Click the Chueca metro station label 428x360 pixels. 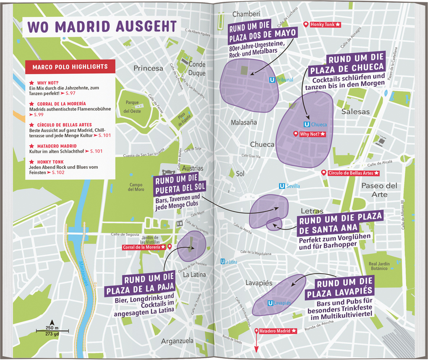point(318,125)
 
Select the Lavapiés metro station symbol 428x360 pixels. point(270,303)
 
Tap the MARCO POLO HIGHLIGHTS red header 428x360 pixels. point(70,67)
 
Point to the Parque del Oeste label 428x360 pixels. point(132,107)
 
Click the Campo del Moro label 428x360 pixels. point(136,187)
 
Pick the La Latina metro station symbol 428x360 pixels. point(222,262)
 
